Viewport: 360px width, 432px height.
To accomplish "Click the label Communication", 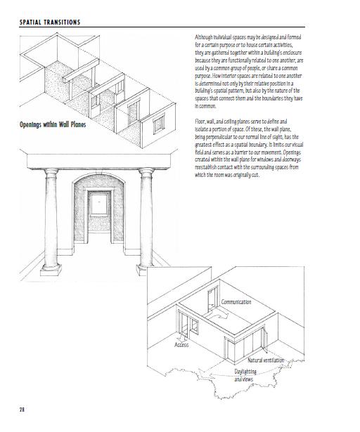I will coord(236,302).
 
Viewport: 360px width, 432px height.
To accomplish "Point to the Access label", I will coord(181,345).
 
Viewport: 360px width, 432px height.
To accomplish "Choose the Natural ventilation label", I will coord(266,360).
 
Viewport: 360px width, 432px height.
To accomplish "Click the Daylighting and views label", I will coord(244,374).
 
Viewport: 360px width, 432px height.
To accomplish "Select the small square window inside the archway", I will coord(100,207).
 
